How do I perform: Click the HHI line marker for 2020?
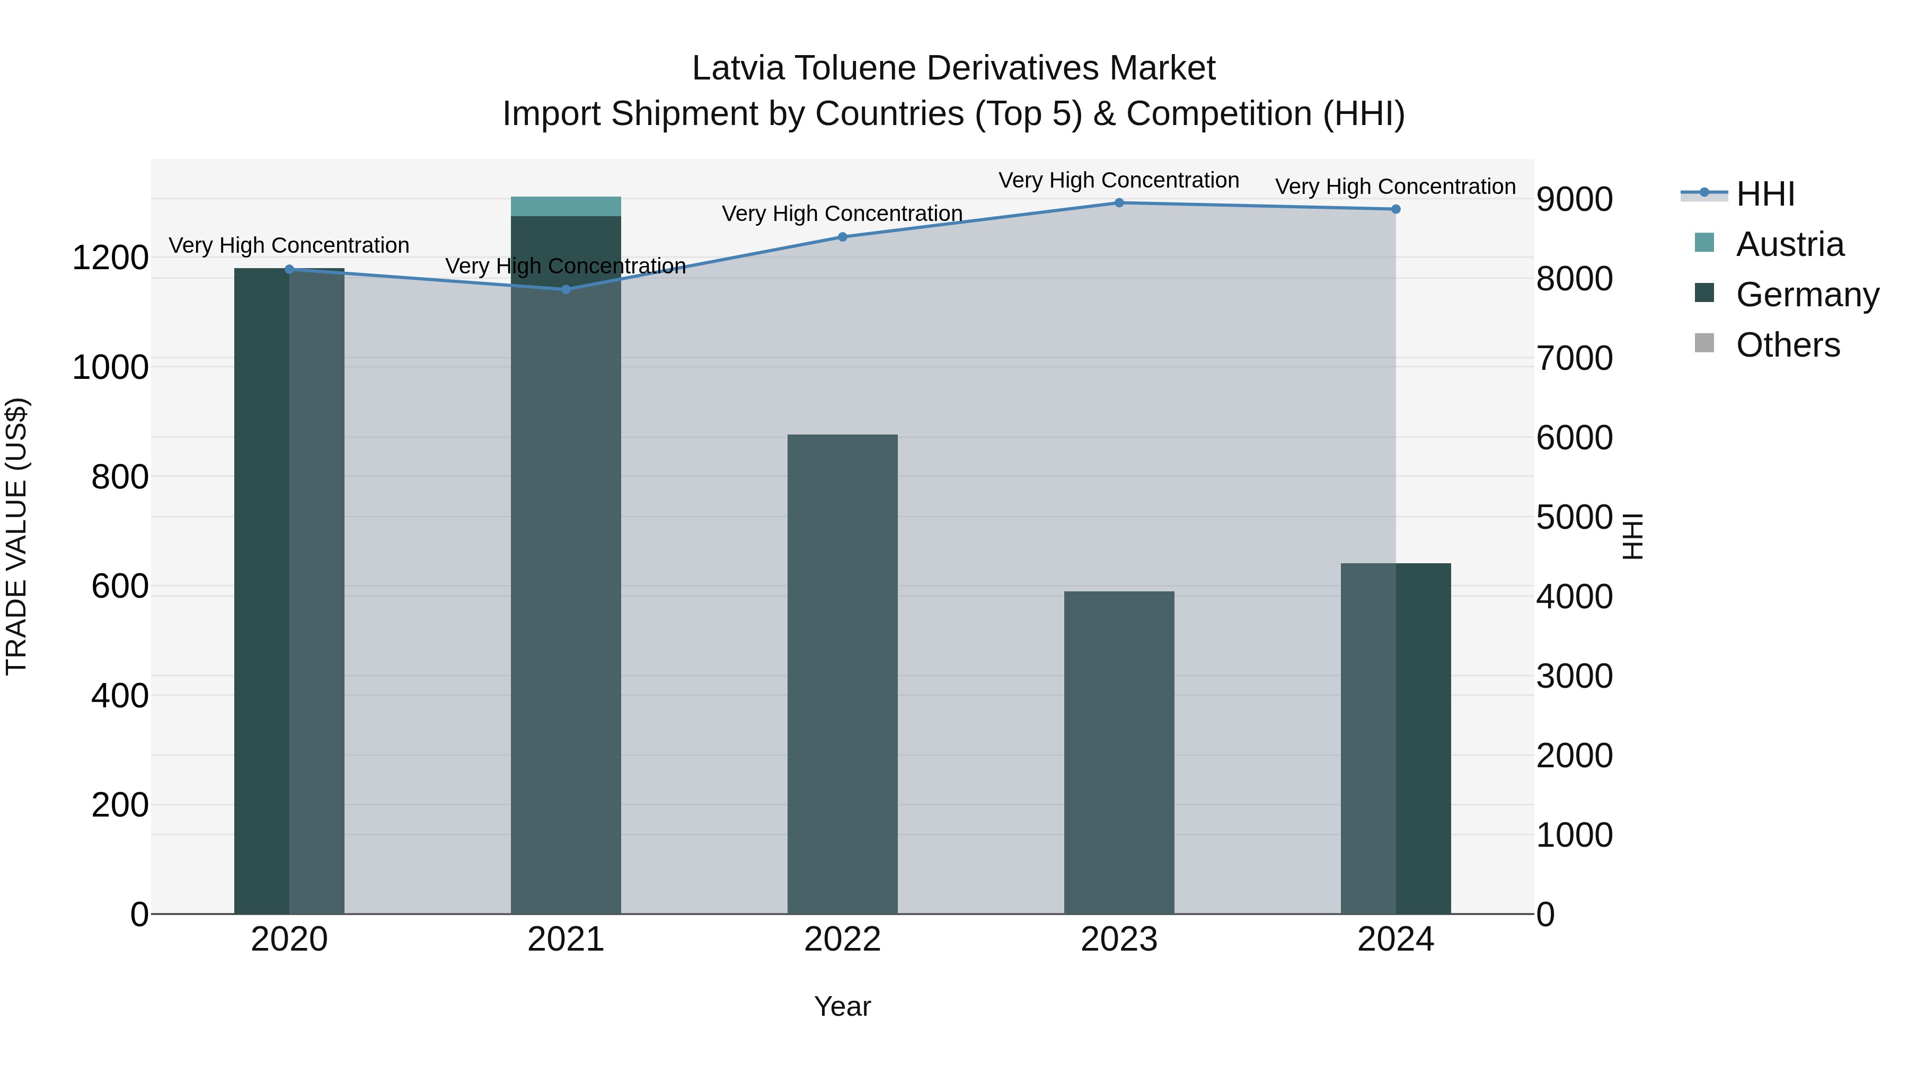click(x=289, y=270)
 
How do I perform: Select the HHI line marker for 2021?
click(x=566, y=289)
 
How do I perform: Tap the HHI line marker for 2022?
click(x=842, y=237)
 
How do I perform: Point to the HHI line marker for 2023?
click(x=1119, y=203)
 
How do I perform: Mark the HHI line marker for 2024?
click(x=1395, y=209)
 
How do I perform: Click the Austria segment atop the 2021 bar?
click(x=566, y=207)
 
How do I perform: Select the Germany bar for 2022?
click(x=842, y=674)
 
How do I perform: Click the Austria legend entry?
click(x=1789, y=244)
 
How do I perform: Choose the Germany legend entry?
click(x=1807, y=295)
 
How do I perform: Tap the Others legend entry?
click(x=1787, y=345)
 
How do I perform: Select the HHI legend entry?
click(x=1764, y=194)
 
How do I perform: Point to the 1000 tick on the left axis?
click(x=110, y=367)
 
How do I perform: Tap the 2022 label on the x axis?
click(x=842, y=939)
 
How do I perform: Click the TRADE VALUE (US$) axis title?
click(x=16, y=536)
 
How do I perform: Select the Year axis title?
click(x=842, y=1006)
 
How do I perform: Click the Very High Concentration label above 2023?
click(x=1118, y=180)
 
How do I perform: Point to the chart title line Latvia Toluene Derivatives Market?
click(x=953, y=68)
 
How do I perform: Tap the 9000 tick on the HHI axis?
click(x=1574, y=199)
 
